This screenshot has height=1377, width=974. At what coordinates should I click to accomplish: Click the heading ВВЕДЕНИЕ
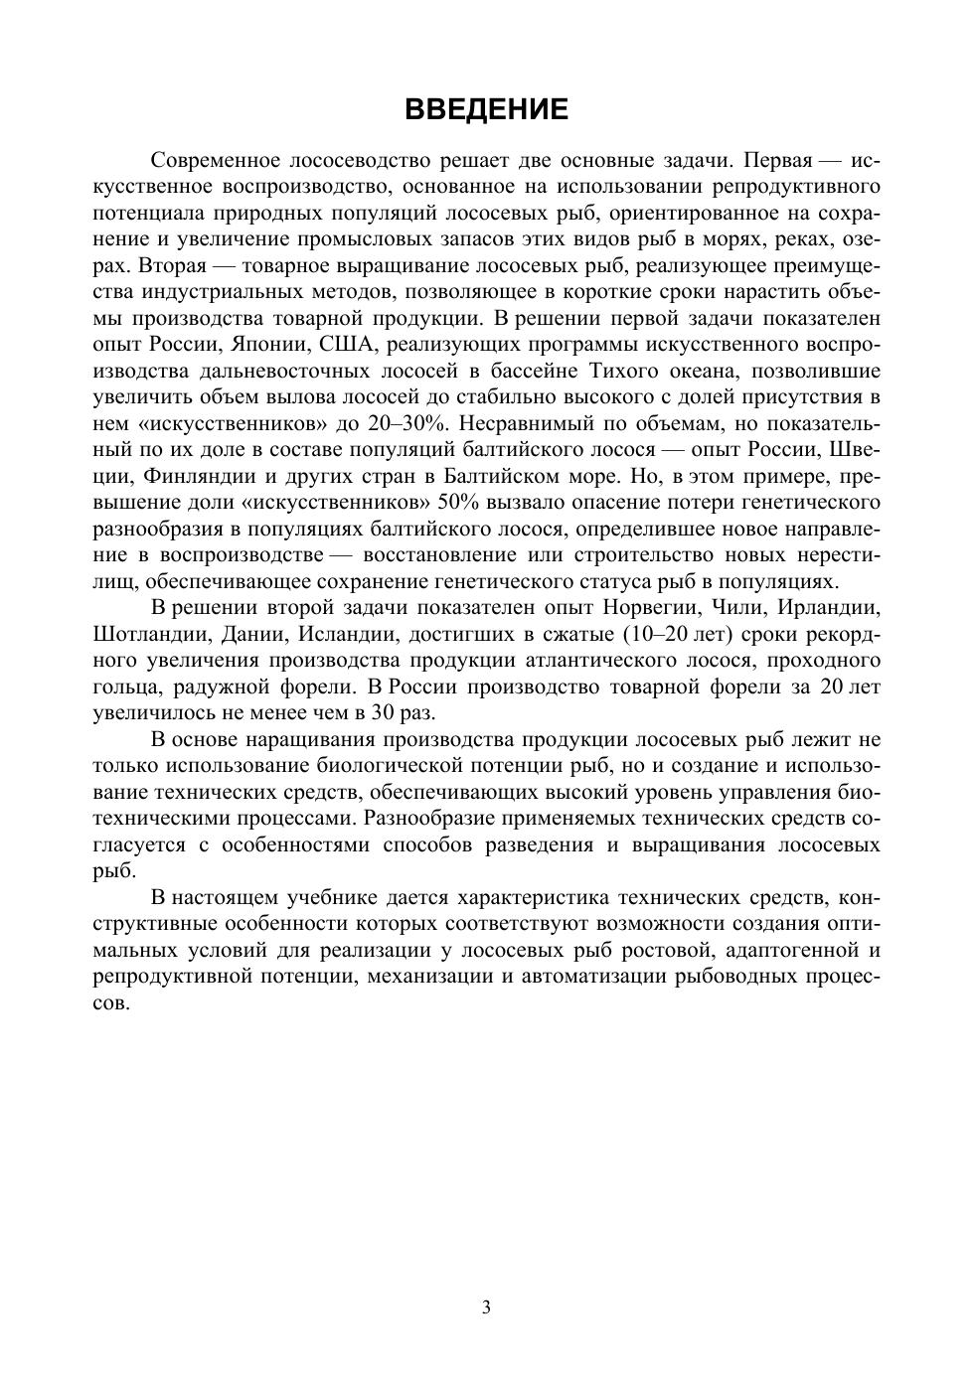tap(486, 109)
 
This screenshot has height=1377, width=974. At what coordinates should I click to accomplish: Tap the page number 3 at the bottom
tap(486, 1307)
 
